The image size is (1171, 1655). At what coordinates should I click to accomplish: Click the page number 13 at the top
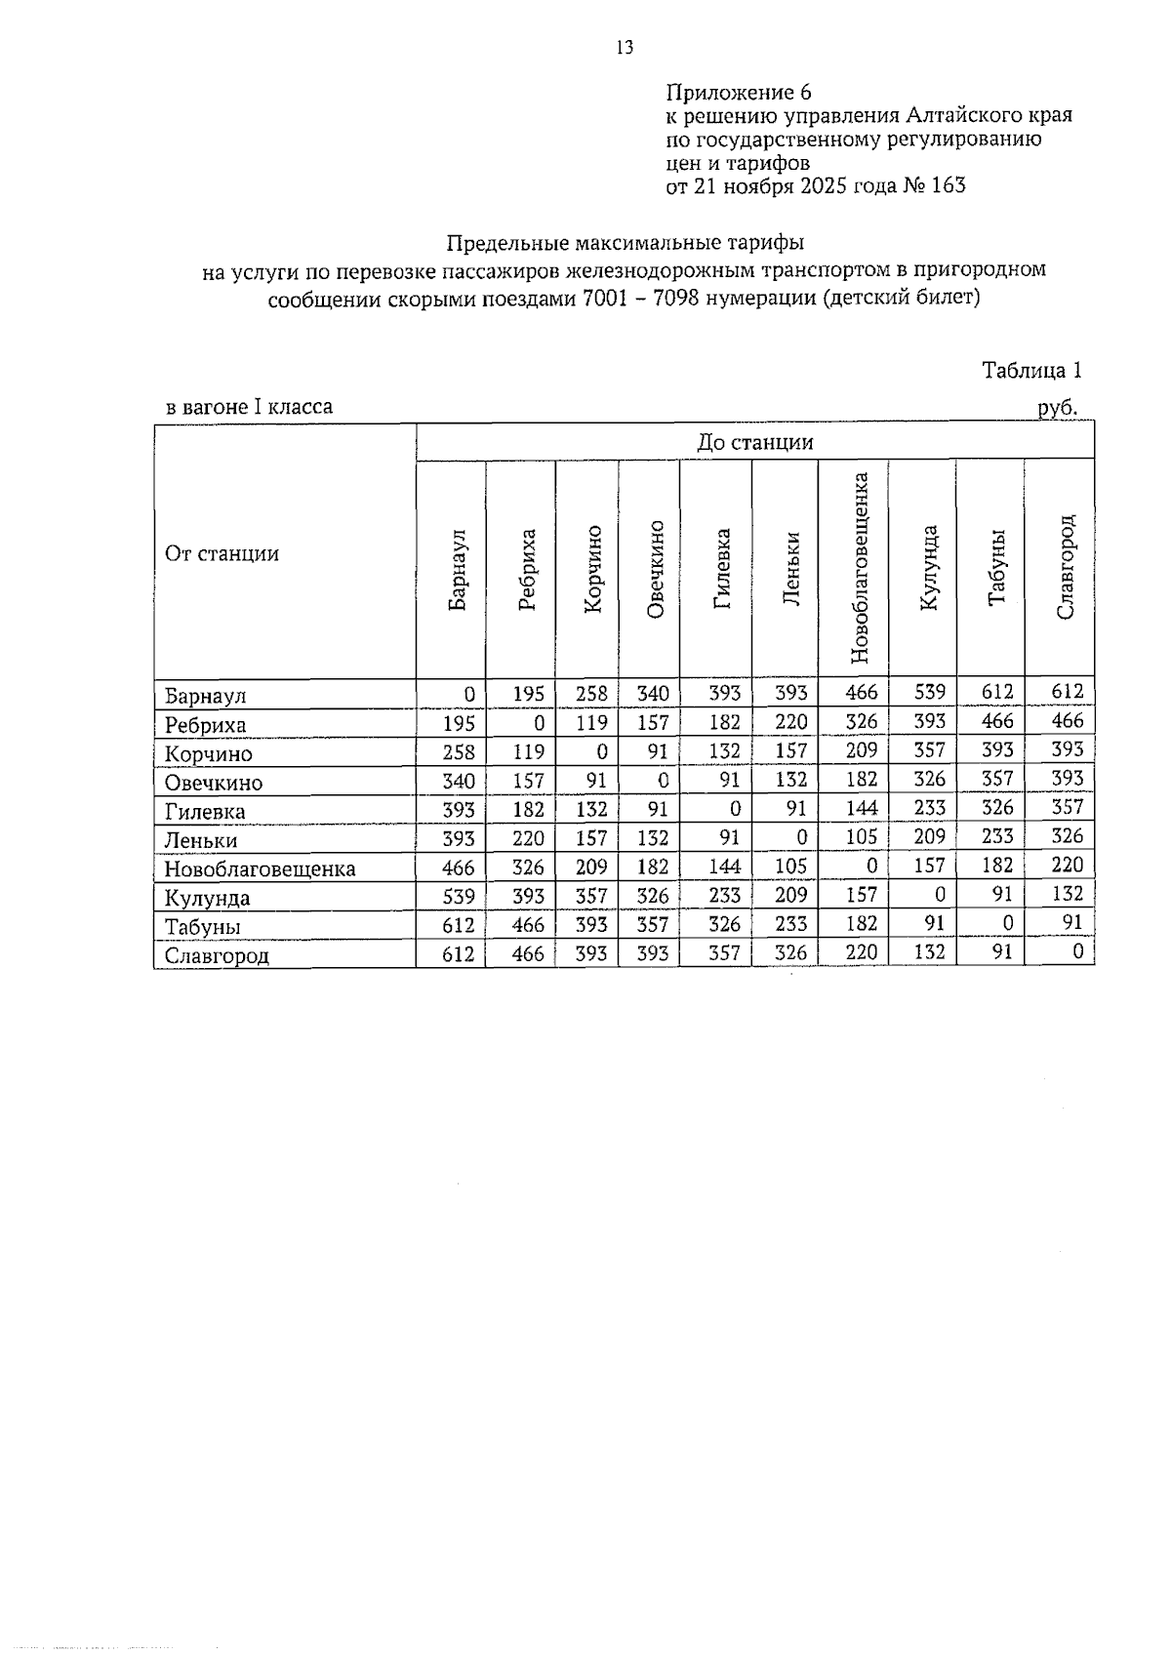[x=625, y=47]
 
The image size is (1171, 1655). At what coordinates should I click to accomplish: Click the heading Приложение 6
[x=738, y=93]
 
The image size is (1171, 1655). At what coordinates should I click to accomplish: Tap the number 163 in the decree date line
[x=949, y=185]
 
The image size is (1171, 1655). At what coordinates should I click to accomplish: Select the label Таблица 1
[x=1031, y=371]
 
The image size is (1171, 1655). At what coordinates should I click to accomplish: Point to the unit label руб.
[x=1057, y=408]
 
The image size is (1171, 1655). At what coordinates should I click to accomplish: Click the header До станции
[x=754, y=442]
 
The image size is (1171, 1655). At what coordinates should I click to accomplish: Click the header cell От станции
[x=222, y=554]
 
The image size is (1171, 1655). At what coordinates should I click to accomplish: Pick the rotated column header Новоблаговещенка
[x=860, y=568]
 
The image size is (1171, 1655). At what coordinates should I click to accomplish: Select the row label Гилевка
[x=205, y=812]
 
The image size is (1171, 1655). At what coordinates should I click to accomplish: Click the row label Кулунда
[x=207, y=899]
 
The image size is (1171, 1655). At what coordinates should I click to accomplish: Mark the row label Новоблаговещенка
[x=260, y=869]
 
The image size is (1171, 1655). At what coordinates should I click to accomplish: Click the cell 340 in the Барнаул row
[x=652, y=694]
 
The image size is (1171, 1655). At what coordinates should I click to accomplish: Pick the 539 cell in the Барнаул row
[x=929, y=693]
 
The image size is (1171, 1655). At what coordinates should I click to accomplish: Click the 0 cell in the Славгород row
[x=1076, y=951]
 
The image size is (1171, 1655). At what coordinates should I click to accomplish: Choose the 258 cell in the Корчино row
[x=458, y=752]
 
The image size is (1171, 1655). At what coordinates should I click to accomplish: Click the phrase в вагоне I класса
[x=249, y=407]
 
